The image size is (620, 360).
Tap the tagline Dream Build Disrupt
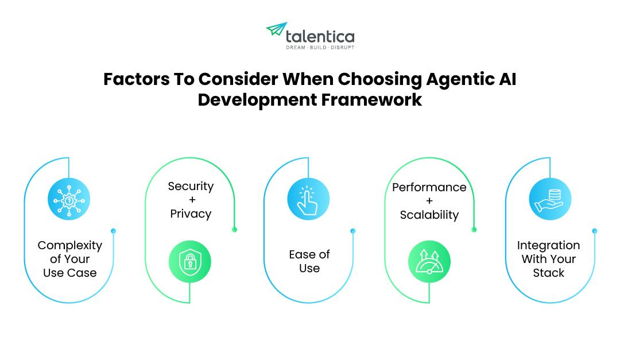[320, 47]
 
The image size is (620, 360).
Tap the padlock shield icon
[190, 262]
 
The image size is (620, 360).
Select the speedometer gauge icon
[429, 262]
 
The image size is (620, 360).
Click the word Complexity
[70, 245]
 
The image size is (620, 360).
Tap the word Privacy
[191, 214]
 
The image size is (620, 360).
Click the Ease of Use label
[309, 261]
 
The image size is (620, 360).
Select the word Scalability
[429, 215]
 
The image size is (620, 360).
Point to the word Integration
[548, 245]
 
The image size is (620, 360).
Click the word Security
[191, 186]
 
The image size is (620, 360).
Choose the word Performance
[429, 187]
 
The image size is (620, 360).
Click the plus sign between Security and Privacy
[191, 200]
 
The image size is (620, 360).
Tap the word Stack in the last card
[548, 273]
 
